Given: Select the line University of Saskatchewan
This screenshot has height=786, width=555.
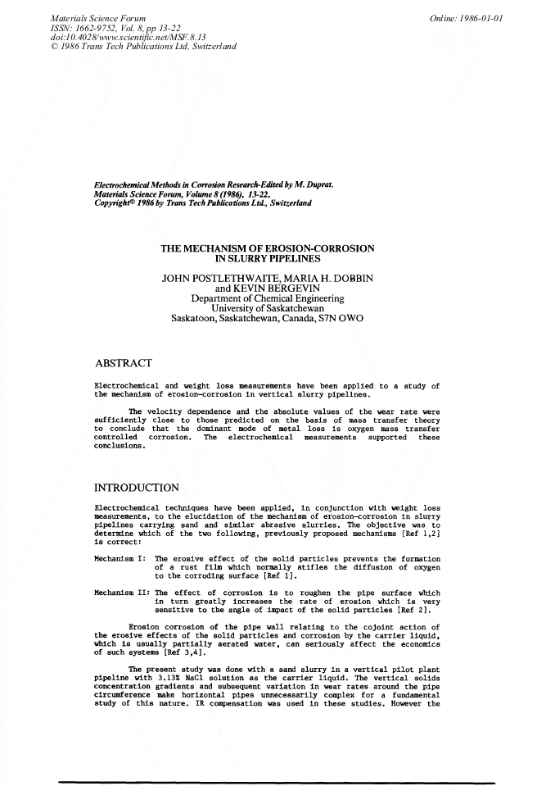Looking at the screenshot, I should point(267,309).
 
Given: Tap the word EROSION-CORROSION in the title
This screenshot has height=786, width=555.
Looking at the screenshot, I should point(319,248).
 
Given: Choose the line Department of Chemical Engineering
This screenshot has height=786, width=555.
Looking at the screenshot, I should point(267,299).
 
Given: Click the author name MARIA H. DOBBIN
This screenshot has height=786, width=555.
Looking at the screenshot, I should point(326,279).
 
